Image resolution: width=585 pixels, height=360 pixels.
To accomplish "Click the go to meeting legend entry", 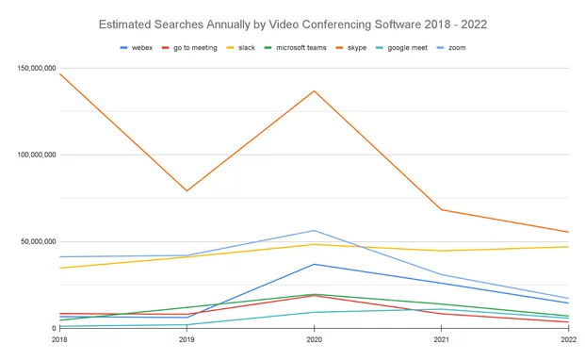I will click(x=192, y=46).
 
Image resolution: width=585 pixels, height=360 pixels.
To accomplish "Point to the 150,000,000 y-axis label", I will click(x=33, y=68).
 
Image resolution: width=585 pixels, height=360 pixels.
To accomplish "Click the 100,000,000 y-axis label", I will click(x=33, y=155).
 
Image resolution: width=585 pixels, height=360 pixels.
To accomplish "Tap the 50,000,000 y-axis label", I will click(x=36, y=241).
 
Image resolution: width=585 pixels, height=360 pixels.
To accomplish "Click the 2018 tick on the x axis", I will click(x=59, y=338).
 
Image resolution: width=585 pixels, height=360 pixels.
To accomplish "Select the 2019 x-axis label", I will click(x=187, y=338).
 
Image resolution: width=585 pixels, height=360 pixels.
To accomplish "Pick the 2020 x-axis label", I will click(x=314, y=338).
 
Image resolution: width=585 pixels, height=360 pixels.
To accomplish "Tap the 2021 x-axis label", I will click(x=441, y=338).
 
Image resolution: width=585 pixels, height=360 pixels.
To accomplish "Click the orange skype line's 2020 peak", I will click(x=314, y=91).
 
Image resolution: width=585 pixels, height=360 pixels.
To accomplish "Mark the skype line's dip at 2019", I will click(x=187, y=190).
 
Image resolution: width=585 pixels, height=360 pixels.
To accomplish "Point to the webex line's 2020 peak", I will click(x=314, y=264).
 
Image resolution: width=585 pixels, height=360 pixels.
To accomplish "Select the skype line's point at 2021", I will click(x=441, y=209).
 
